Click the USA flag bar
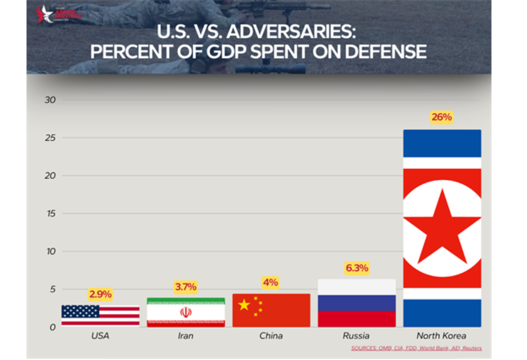[100, 315]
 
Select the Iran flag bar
[186, 312]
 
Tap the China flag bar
[271, 310]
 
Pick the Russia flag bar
[357, 303]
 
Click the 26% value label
[442, 117]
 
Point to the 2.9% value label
[100, 294]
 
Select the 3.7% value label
[186, 287]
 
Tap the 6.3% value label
[357, 268]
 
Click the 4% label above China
[271, 282]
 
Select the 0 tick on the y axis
[52, 327]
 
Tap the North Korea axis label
[442, 336]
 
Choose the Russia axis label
[356, 336]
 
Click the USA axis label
[100, 336]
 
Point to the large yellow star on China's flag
[244, 305]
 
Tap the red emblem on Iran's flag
[186, 312]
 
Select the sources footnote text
[417, 348]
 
